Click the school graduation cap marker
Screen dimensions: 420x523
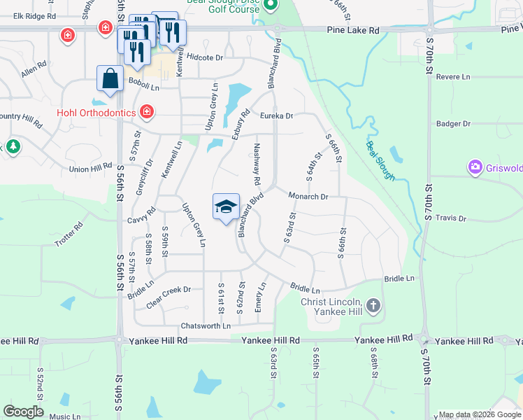click(x=226, y=207)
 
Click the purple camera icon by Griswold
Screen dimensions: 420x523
click(x=475, y=167)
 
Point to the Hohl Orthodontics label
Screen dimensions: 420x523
click(x=96, y=112)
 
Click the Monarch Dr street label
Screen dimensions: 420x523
click(x=308, y=197)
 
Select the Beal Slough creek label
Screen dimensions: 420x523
click(x=380, y=161)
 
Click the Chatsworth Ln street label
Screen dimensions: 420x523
click(x=206, y=326)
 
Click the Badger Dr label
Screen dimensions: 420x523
click(x=454, y=124)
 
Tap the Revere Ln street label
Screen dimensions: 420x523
click(x=455, y=77)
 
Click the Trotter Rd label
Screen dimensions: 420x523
click(x=69, y=235)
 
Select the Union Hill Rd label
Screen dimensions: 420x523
click(x=90, y=168)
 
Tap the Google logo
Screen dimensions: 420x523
click(x=23, y=412)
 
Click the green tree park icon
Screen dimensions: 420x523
click(x=13, y=146)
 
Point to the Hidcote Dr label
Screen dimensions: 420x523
click(x=204, y=57)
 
